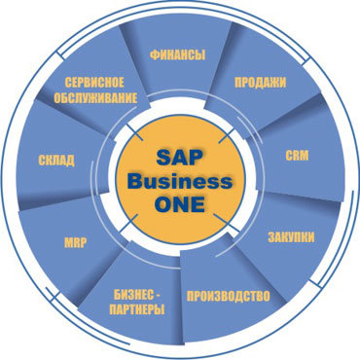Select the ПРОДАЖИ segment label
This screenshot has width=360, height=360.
(x=260, y=82)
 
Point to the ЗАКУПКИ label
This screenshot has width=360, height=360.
(x=290, y=235)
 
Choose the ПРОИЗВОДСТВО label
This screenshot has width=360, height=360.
(x=227, y=295)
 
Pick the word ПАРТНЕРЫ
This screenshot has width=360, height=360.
(x=137, y=309)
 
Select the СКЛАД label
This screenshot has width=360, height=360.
(x=55, y=160)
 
